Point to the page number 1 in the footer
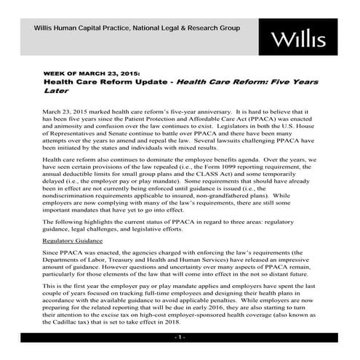point(180,339)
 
